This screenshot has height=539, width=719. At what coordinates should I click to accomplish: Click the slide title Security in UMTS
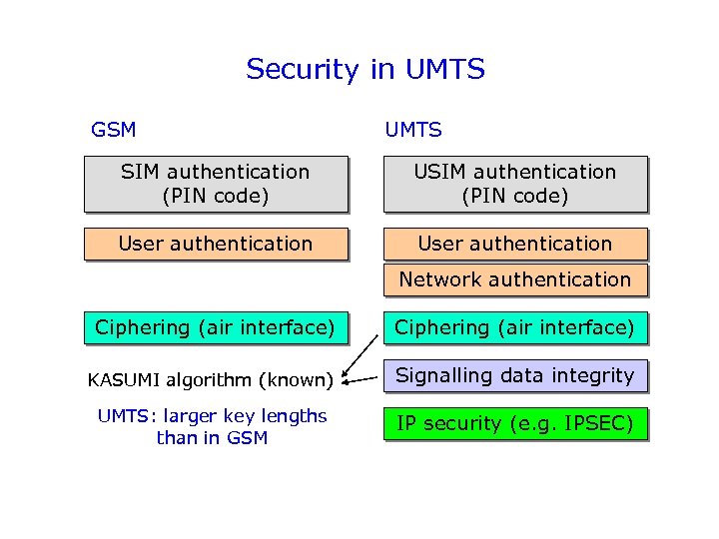coord(364,70)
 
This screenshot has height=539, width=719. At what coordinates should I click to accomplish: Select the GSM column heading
coord(113,130)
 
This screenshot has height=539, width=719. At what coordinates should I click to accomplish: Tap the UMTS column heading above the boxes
coord(413,130)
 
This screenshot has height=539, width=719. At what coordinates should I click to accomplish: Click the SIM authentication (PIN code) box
coord(216,184)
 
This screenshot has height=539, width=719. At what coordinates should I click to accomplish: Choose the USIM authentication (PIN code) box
coord(515,184)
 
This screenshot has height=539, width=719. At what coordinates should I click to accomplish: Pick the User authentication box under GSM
coord(216,244)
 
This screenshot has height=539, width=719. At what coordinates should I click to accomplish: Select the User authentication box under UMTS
coord(515,244)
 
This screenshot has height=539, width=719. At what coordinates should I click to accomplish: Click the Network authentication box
coord(515,279)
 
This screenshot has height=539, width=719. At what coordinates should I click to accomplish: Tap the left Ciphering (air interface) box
coord(216,327)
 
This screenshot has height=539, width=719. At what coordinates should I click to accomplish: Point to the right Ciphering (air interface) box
coord(515,327)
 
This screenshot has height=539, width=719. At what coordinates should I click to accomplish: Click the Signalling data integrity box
coord(515,375)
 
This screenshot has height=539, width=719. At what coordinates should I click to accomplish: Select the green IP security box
coord(515,423)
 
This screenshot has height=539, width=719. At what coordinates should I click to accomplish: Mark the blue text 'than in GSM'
coord(212,437)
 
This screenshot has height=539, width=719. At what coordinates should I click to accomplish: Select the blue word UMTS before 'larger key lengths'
coord(122,416)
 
